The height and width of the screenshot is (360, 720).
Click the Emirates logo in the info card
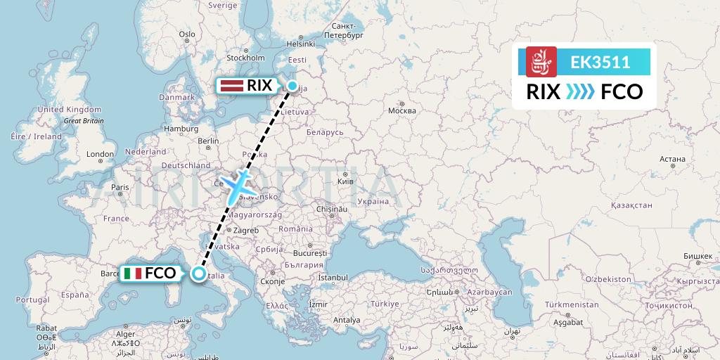(541, 62)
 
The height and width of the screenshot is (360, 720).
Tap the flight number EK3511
(600, 63)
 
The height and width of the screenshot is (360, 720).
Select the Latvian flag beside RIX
(231, 86)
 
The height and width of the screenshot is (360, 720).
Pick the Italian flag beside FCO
(132, 274)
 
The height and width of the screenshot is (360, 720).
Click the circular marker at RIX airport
(292, 86)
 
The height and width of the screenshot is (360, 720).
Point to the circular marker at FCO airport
(199, 274)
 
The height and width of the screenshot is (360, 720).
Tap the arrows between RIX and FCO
(581, 91)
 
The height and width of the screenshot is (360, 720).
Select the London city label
(96, 154)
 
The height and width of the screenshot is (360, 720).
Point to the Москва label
(402, 110)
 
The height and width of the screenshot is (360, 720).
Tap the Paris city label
(120, 187)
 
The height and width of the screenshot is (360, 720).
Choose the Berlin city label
(209, 141)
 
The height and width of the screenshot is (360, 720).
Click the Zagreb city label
(245, 230)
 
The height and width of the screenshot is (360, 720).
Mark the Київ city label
(346, 181)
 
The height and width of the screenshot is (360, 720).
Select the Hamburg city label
(181, 129)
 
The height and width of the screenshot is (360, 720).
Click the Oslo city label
(187, 34)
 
